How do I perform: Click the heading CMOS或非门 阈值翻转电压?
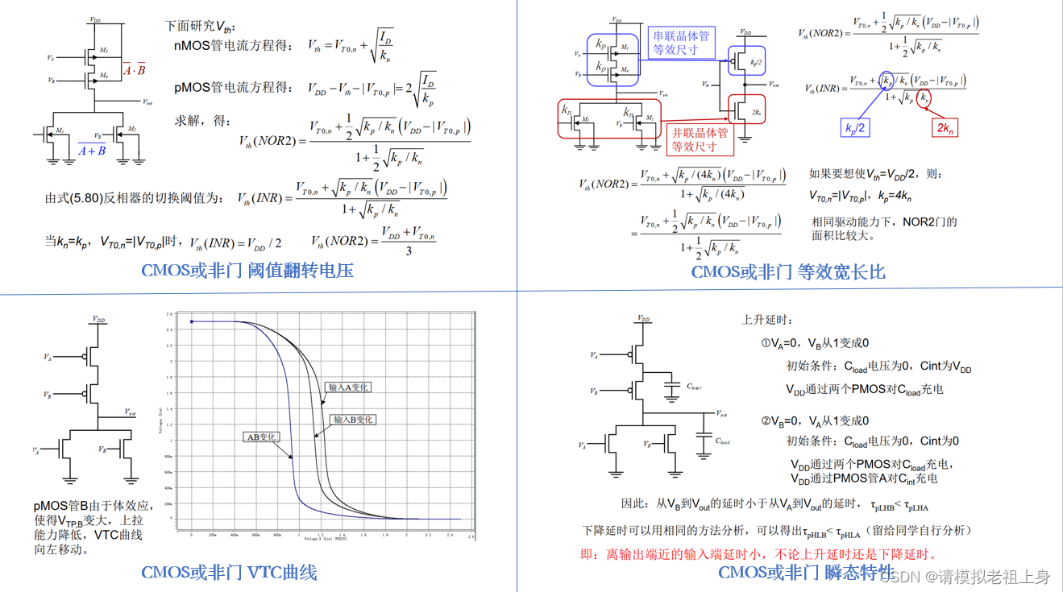247,271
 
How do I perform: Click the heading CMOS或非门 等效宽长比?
787,272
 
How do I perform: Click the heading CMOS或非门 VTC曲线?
229,573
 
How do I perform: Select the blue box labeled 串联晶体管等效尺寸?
680,43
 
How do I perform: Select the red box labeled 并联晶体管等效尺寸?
700,139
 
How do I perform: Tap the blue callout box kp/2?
855,128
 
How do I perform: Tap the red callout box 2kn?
945,128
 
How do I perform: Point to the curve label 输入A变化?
348,387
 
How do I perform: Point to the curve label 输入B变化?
353,420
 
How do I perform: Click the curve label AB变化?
261,437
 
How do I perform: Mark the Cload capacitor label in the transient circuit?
723,441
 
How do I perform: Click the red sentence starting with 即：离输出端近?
758,554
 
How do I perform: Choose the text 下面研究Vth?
201,26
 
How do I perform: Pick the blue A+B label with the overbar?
91,150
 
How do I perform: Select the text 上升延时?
762,320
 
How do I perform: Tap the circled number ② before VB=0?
766,420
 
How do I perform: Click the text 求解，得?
203,121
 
